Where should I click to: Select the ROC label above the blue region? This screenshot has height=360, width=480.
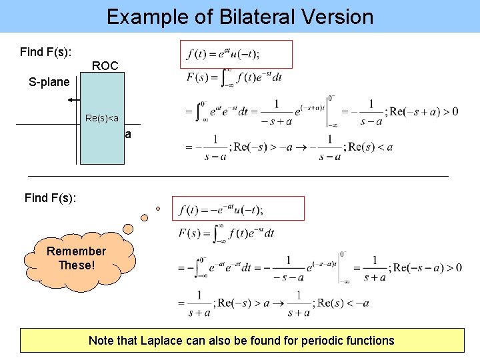point(105,65)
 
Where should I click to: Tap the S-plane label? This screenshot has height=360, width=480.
point(49,82)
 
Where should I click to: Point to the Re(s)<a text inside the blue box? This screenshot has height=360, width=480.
point(102,119)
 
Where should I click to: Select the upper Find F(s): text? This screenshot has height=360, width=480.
point(46,51)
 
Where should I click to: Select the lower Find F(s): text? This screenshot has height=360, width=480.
point(50,197)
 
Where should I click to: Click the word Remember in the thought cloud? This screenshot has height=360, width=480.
point(76,251)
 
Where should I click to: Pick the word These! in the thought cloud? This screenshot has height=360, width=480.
point(76,265)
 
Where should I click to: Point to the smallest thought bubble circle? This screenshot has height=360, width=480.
point(158,209)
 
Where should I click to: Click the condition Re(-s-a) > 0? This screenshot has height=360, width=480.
point(427,267)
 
